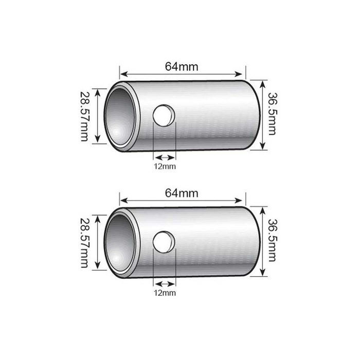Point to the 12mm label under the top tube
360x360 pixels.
tap(165, 166)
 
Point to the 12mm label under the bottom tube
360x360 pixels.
tap(165, 293)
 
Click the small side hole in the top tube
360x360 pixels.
tap(165, 115)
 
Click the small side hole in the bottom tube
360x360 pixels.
tap(165, 242)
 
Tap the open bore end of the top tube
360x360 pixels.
tap(121, 116)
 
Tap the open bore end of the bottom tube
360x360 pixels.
tap(121, 242)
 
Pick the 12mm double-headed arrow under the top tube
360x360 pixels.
tap(165, 157)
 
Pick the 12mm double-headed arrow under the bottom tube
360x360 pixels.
tap(165, 283)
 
